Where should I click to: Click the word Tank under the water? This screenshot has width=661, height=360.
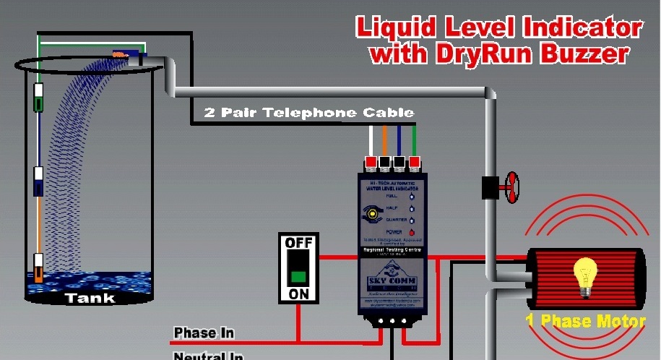(x=90, y=298)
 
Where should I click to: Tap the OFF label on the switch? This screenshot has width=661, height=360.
(x=298, y=243)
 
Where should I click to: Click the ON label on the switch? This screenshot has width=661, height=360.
(x=298, y=294)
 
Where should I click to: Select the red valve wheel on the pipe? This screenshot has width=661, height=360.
(x=512, y=187)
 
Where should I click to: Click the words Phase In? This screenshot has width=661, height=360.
(x=204, y=333)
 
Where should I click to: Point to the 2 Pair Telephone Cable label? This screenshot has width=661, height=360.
(x=309, y=113)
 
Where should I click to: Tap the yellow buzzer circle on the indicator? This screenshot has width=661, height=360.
(x=372, y=214)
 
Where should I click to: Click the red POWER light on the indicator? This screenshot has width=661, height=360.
(x=412, y=232)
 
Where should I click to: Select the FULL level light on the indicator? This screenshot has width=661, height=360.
(x=412, y=196)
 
